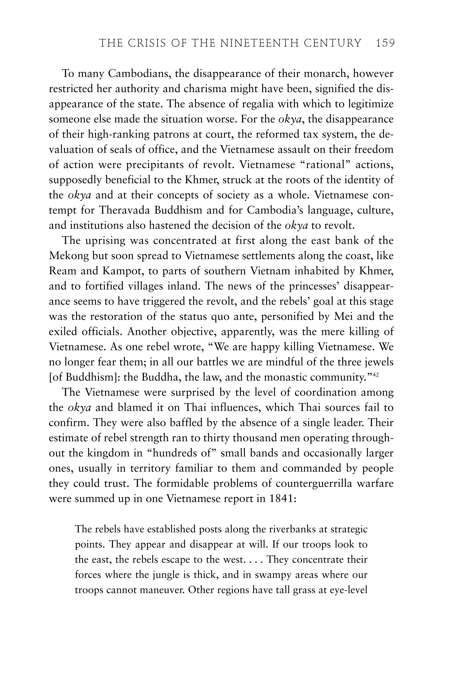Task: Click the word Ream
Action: point(62,271)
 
